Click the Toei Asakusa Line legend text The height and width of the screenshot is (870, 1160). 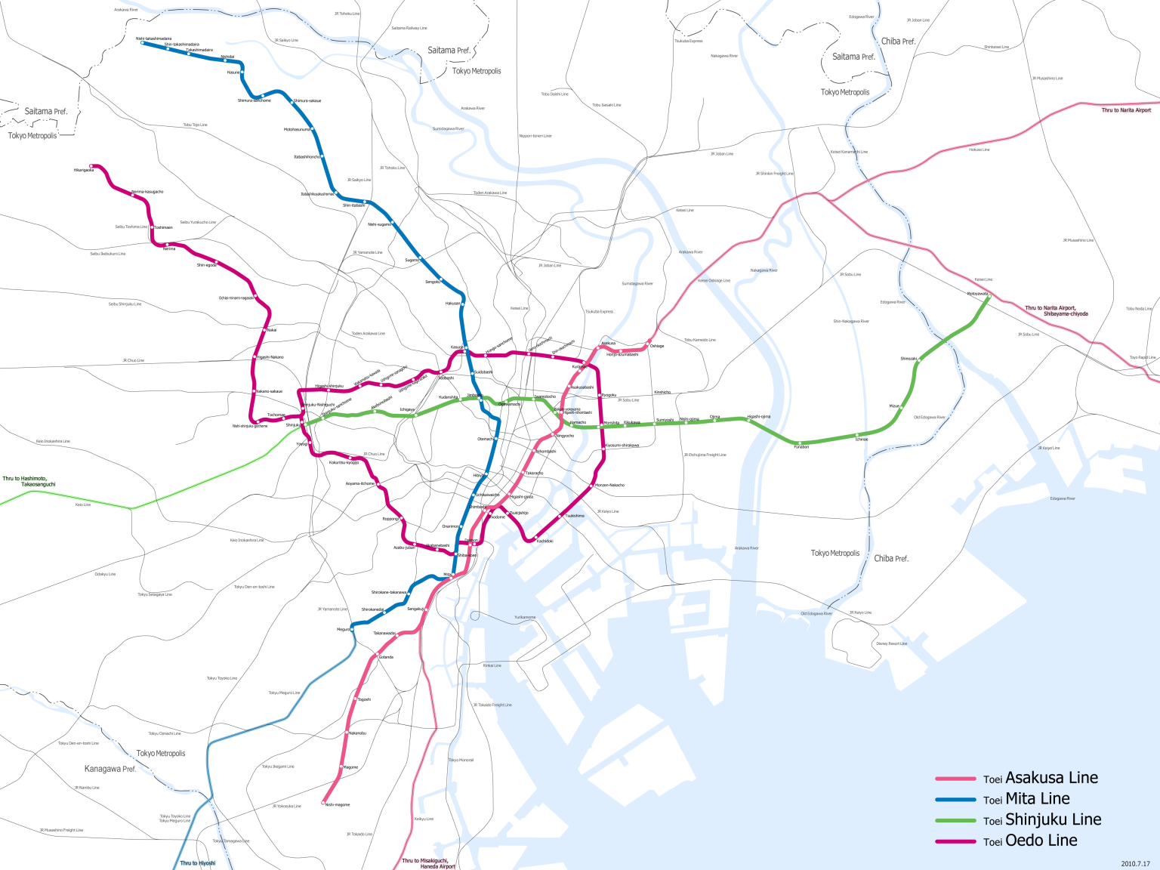click(1040, 779)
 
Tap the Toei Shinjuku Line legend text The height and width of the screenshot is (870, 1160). click(1041, 820)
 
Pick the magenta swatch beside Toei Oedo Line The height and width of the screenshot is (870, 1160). click(955, 841)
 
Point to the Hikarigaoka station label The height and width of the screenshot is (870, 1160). click(84, 170)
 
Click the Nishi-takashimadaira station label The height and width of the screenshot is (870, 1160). click(153, 39)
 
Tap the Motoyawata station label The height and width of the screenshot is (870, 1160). click(977, 294)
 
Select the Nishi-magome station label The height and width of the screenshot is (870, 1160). click(338, 805)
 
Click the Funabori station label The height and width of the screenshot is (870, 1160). click(801, 447)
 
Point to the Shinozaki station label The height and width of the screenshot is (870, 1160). click(909, 359)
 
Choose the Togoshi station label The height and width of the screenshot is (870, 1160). click(364, 699)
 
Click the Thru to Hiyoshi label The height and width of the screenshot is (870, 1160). click(198, 863)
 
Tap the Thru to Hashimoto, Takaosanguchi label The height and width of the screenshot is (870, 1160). click(29, 481)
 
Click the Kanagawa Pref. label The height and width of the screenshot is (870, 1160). click(110, 769)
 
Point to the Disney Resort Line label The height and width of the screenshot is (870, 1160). click(892, 643)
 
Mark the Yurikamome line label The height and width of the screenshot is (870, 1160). click(525, 617)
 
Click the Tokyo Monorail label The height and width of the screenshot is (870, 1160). click(461, 760)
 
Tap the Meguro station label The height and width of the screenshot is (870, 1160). click(344, 629)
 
